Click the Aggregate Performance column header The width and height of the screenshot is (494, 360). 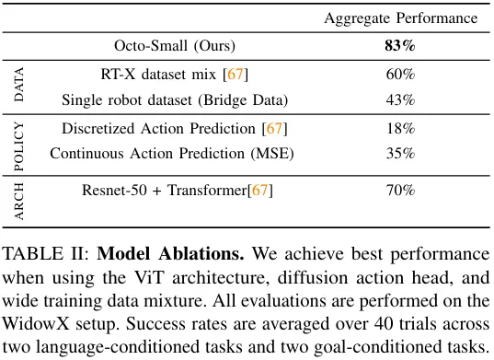click(x=400, y=17)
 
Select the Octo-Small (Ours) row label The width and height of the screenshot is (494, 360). click(x=175, y=45)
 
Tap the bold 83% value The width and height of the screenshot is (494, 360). click(x=400, y=45)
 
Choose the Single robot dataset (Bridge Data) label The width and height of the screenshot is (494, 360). click(x=175, y=99)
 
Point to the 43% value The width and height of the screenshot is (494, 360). click(x=400, y=99)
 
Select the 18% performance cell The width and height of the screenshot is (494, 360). click(x=400, y=128)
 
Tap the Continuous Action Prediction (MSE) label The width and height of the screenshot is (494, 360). click(x=172, y=154)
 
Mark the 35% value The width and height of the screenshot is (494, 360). click(x=400, y=154)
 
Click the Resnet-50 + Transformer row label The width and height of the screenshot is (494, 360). click(x=177, y=191)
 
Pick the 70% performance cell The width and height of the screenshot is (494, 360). click(x=400, y=191)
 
